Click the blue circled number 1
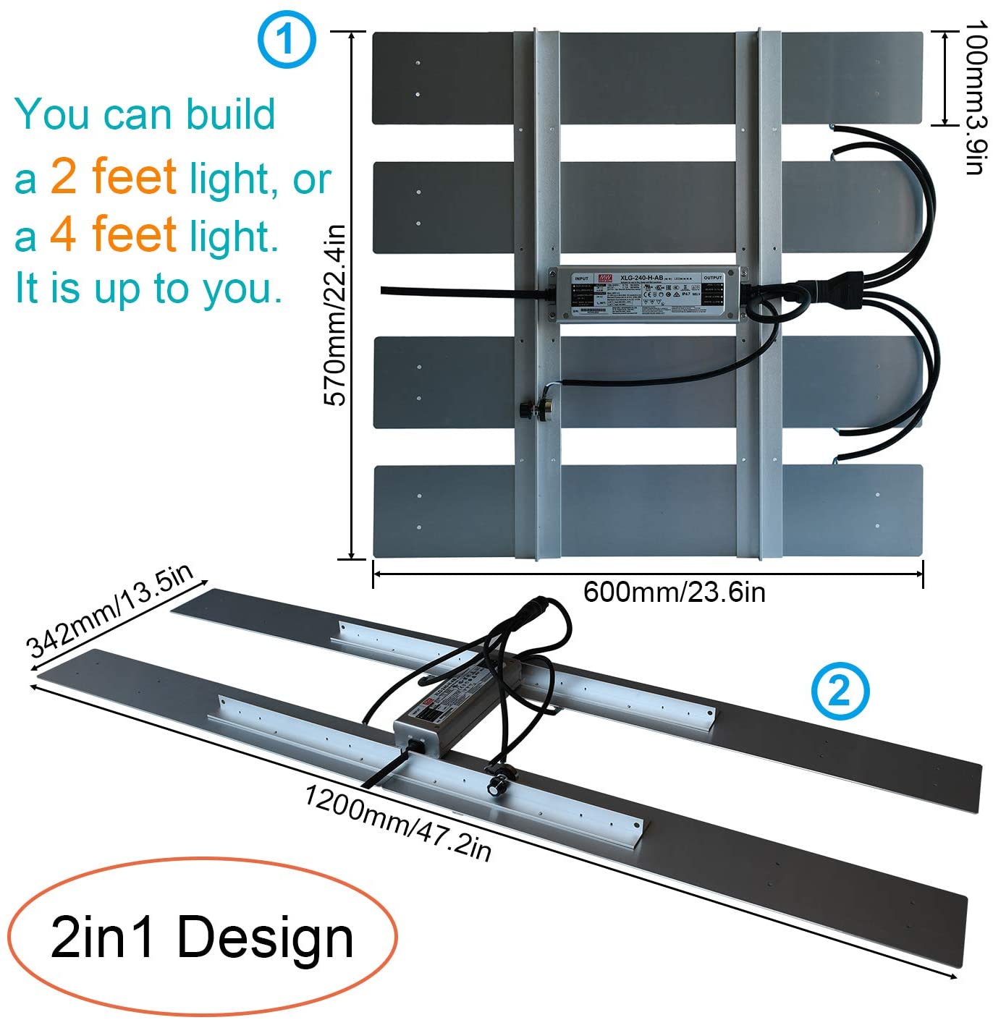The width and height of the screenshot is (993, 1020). pos(287,40)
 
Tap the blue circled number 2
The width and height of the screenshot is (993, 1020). pos(840,692)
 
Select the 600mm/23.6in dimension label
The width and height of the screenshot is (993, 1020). pos(674,592)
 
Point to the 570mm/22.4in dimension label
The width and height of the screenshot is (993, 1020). pos(334,315)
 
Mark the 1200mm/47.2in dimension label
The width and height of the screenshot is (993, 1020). pos(397,823)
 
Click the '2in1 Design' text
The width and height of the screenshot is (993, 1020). pos(202,938)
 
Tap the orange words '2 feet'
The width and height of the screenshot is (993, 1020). pos(114,176)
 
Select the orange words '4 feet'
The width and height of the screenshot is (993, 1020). pos(114,234)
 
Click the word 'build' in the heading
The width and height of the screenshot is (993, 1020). pos(230,114)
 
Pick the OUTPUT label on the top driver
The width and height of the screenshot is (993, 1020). pos(713,278)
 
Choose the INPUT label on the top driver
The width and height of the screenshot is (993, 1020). pos(580,279)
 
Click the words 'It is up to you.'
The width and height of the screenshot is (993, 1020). pos(148,288)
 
